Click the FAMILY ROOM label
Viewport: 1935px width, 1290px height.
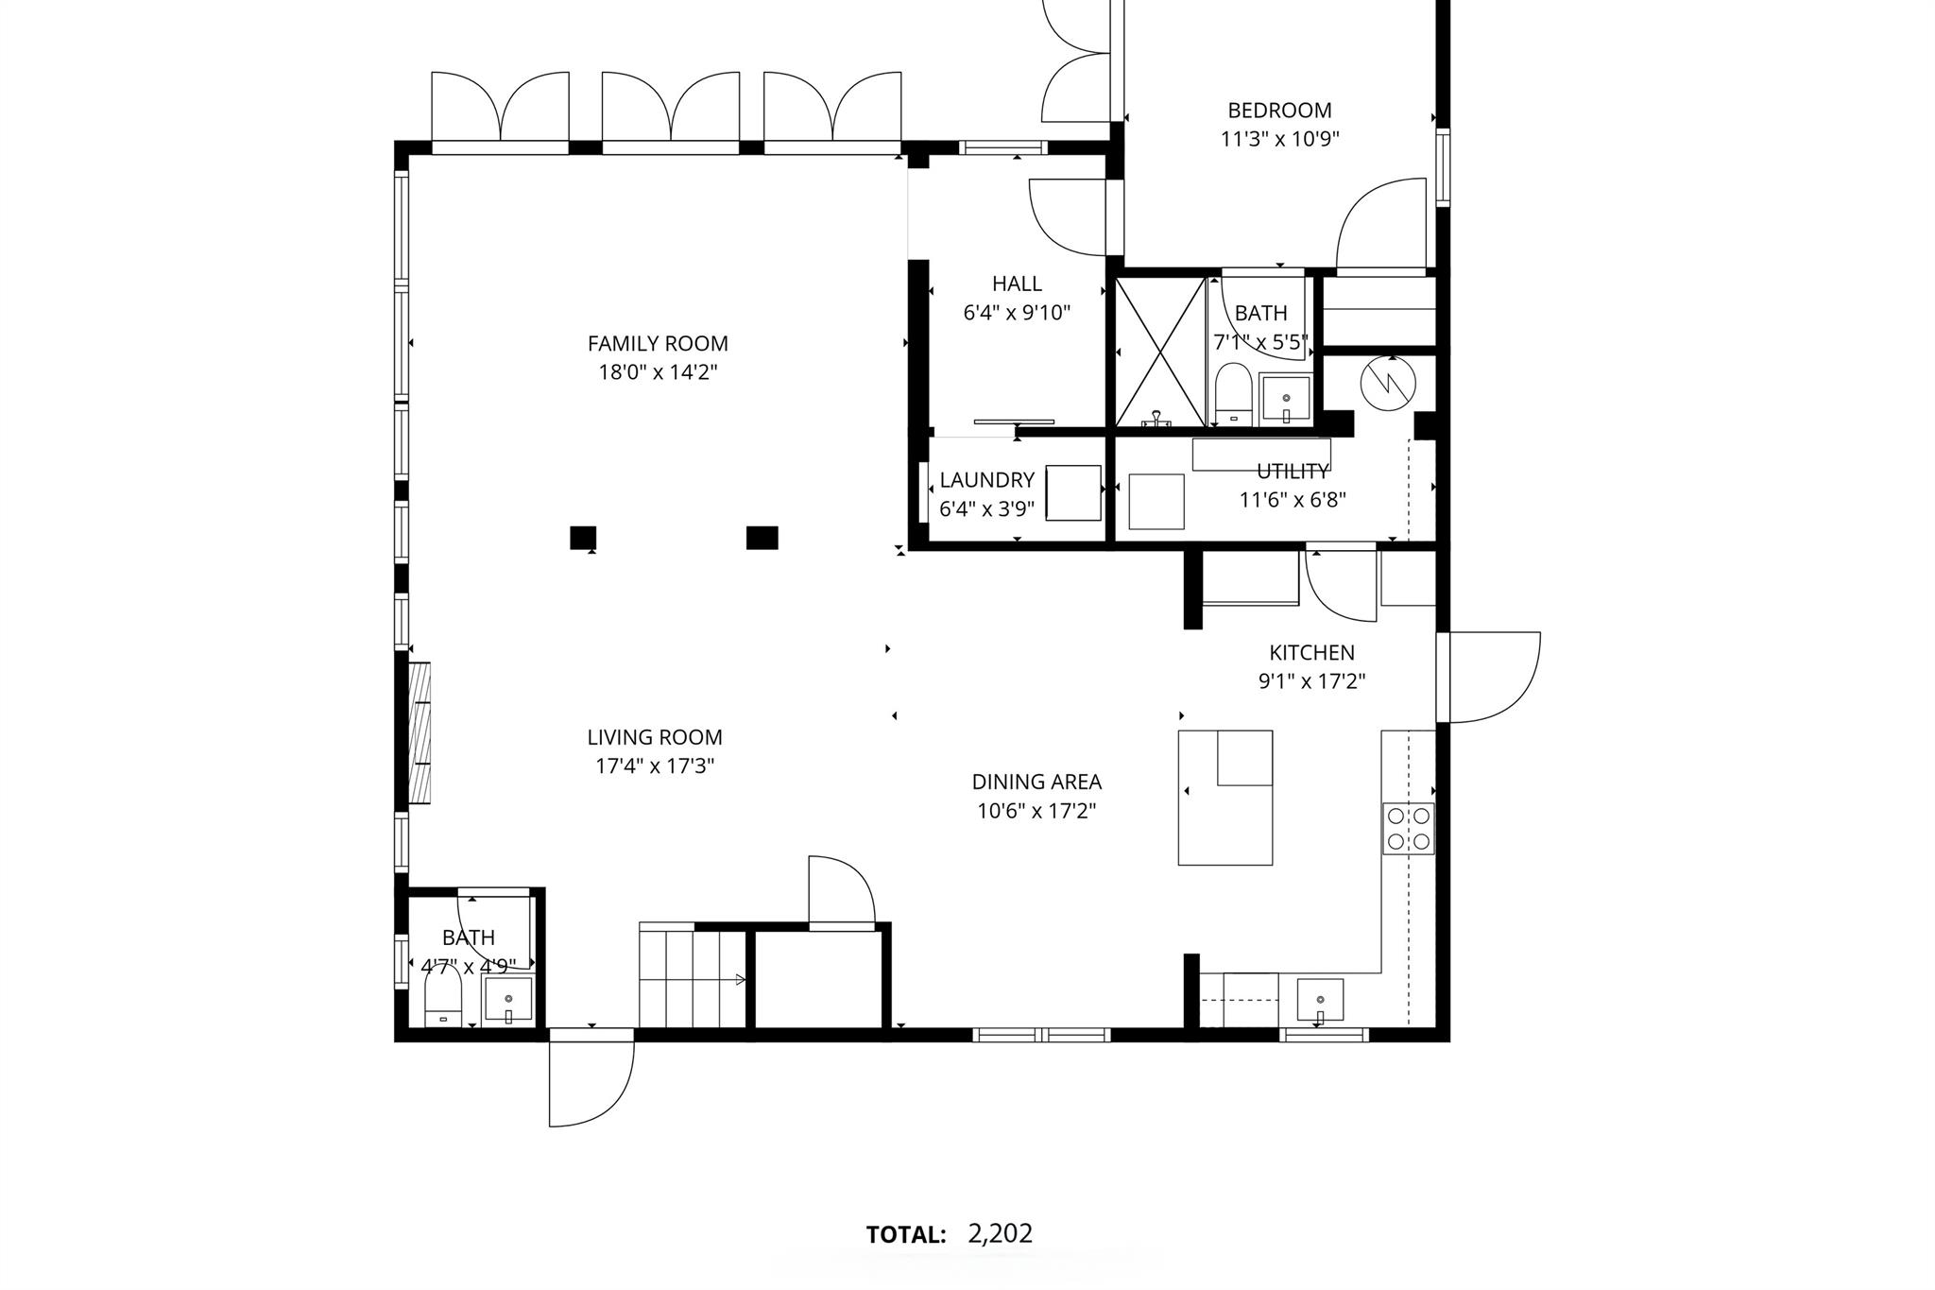(658, 343)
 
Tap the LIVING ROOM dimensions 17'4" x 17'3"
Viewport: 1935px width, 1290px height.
(654, 765)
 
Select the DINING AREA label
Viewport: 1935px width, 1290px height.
(1036, 782)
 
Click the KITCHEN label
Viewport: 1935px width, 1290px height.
(1311, 652)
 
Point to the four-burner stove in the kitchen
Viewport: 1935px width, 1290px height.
(1408, 829)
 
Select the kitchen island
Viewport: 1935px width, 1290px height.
(1224, 798)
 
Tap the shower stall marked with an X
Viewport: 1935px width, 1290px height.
(1161, 353)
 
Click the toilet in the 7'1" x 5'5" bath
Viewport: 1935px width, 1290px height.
(1232, 396)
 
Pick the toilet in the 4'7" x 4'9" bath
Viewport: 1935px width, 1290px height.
(442, 1000)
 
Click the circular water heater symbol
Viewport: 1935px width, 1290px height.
(1388, 381)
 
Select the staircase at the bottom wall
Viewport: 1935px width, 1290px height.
(694, 978)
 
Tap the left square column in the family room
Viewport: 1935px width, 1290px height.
(583, 537)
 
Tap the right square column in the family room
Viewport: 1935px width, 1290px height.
(762, 537)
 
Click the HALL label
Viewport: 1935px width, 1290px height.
(1017, 284)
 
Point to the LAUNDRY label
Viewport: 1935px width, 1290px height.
(986, 479)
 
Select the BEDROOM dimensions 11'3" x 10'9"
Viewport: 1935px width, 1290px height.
(1279, 139)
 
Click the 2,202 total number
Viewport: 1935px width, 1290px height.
(1000, 1233)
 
